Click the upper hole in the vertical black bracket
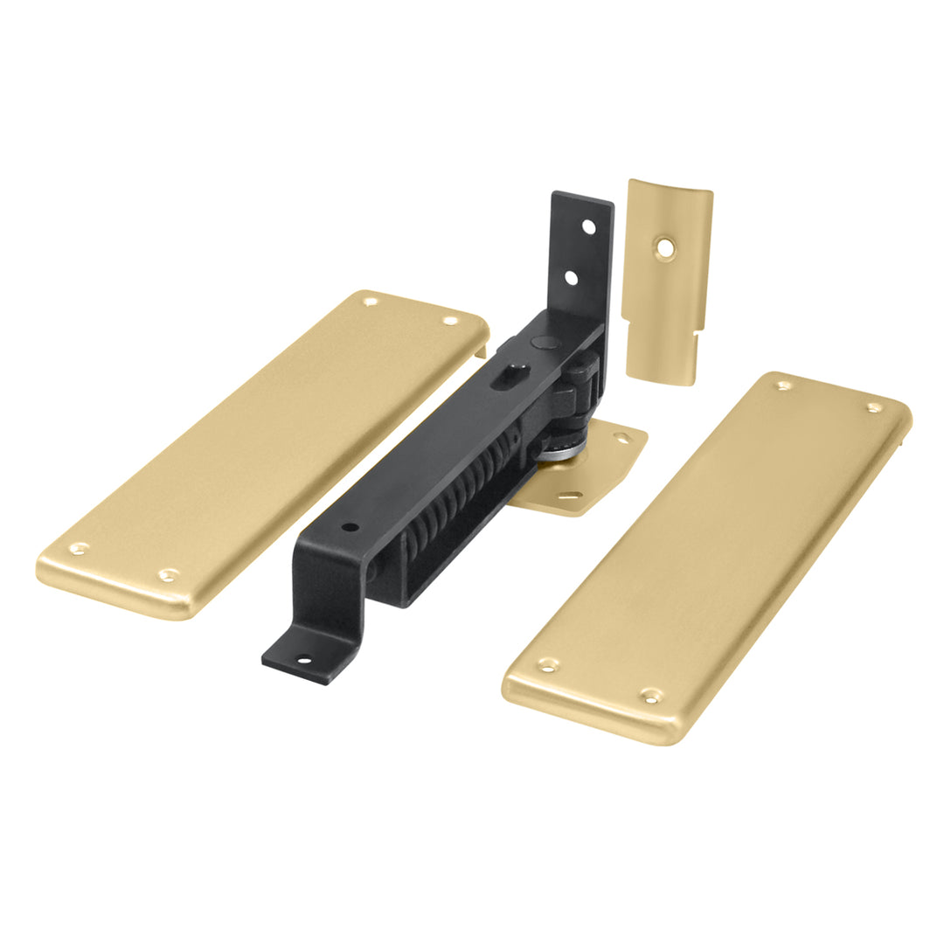(x=589, y=226)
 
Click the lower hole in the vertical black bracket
(x=571, y=277)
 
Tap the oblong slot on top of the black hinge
(x=506, y=376)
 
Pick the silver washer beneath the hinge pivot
(x=557, y=453)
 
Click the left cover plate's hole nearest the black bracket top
(x=450, y=321)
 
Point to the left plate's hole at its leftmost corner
(x=79, y=549)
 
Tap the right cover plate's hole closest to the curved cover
(x=783, y=385)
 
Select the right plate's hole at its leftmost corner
(x=548, y=665)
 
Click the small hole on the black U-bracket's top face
(x=350, y=528)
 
